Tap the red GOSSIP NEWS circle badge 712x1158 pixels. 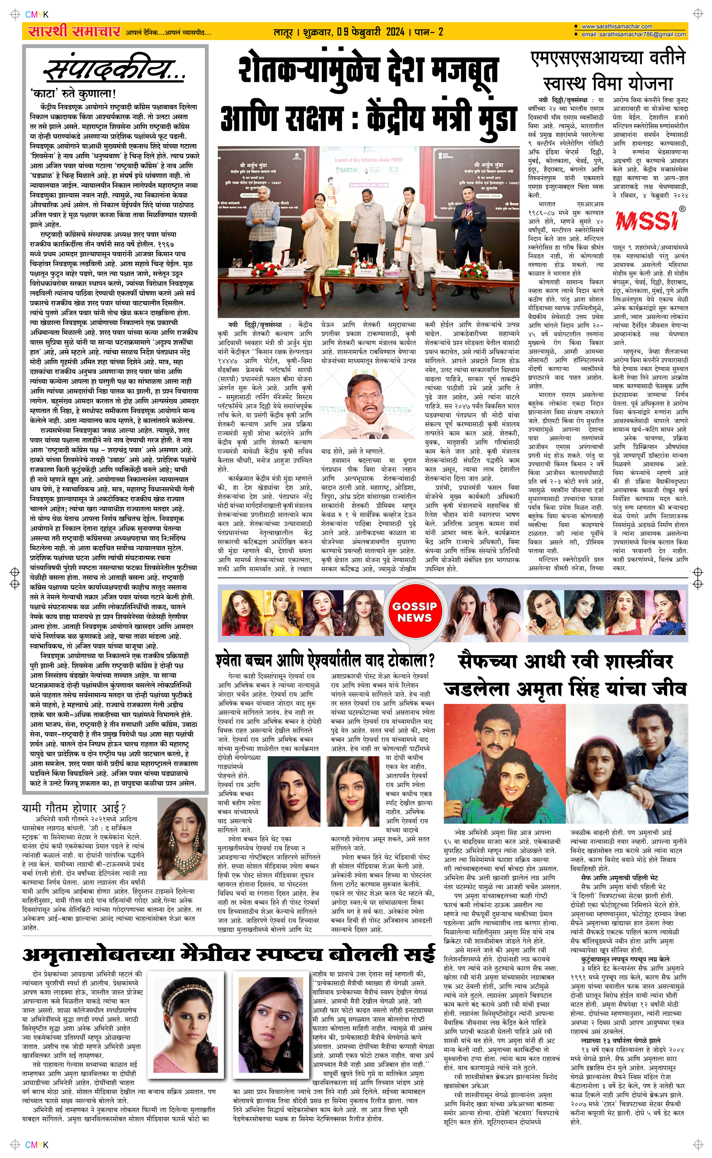[414, 612]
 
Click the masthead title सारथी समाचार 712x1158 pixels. [74, 32]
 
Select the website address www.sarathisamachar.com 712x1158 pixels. [617, 26]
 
